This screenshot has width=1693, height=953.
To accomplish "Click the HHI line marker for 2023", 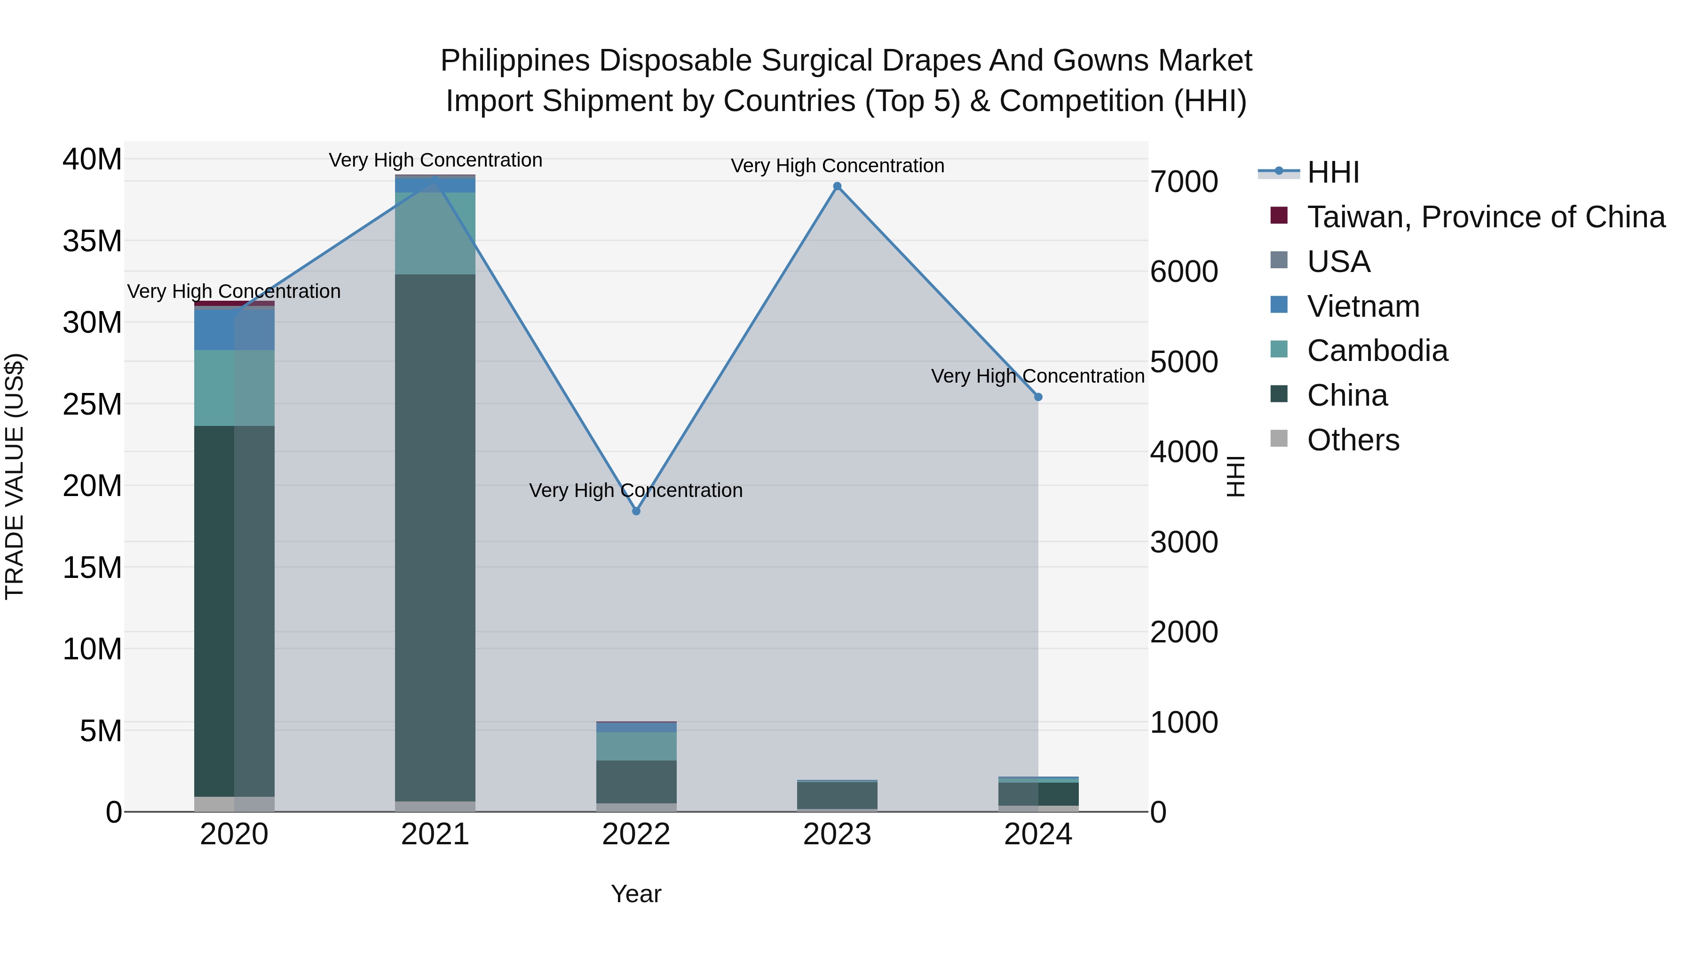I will tap(837, 186).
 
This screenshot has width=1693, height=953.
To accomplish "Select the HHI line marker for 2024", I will tap(1038, 397).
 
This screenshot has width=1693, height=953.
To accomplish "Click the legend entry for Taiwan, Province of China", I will tap(1485, 217).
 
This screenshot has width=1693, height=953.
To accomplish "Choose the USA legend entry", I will tap(1338, 262).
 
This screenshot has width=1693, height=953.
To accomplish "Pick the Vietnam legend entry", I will tap(1363, 306).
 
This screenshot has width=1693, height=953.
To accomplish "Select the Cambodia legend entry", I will tap(1377, 351).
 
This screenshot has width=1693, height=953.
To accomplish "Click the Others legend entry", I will tap(1353, 440).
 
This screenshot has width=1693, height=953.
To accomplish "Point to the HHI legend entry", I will tap(1333, 172).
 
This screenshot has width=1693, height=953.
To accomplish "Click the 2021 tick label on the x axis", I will tap(435, 834).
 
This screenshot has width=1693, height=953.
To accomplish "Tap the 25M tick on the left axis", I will tap(92, 404).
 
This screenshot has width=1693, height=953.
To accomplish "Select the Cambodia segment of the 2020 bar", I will tap(234, 388).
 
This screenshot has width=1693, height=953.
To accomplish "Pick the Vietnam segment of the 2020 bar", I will tap(234, 329).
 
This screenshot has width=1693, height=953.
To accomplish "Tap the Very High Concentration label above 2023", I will tap(837, 166).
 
